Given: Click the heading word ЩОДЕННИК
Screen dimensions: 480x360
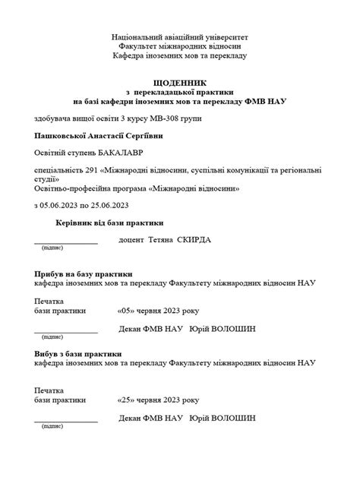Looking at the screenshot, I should click(179, 81).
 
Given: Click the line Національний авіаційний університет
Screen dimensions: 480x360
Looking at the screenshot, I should click(179, 36).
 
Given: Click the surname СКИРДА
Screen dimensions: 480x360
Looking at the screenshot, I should click(194, 240).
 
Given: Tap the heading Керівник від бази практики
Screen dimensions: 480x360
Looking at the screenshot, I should click(109, 223).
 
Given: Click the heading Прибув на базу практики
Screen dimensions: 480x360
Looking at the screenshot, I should click(84, 273).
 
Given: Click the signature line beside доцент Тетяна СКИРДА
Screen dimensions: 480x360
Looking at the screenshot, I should click(66, 242).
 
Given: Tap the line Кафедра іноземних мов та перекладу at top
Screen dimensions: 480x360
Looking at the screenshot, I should click(179, 55).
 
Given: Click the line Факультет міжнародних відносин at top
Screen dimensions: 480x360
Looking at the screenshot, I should click(179, 46).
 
